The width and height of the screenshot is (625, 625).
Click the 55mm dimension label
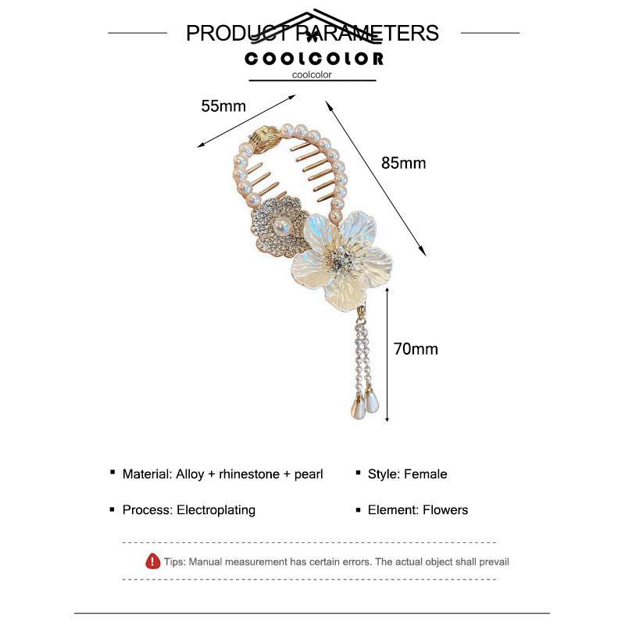[223, 106]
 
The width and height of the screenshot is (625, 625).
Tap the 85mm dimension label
[403, 163]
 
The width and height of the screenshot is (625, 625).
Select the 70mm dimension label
[416, 348]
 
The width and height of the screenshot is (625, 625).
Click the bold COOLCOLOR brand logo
[314, 59]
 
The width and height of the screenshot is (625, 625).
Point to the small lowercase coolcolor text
[312, 75]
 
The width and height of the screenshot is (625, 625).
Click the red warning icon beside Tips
[153, 561]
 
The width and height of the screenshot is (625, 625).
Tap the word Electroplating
[216, 510]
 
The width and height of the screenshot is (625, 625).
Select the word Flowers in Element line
[445, 510]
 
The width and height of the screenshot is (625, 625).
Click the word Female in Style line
[426, 474]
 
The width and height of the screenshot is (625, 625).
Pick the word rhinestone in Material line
[242, 474]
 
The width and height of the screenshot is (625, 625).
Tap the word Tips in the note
[173, 562]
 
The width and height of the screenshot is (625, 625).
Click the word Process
[146, 510]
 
